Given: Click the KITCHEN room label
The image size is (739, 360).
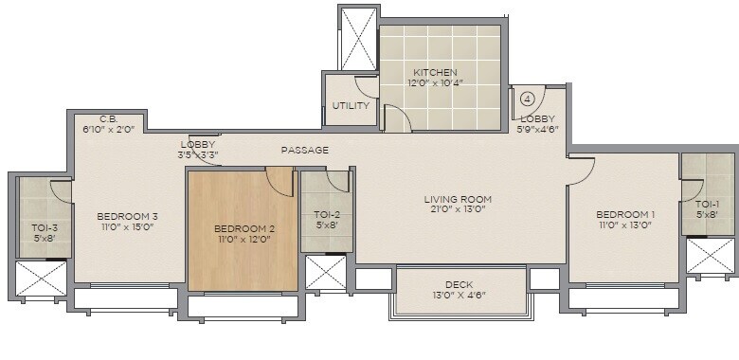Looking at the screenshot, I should pos(435,73).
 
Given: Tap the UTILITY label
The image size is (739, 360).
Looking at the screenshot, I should pos(351,106).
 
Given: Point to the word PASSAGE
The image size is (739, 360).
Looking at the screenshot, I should pos(305,150).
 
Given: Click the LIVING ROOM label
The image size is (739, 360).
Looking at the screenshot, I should pos(458,199).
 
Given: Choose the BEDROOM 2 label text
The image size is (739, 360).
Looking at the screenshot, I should pos(243,228).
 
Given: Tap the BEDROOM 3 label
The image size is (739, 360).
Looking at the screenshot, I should pos(127,215).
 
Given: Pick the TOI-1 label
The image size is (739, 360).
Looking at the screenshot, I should pos(707,205).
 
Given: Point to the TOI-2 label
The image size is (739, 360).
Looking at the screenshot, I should pos(326,215).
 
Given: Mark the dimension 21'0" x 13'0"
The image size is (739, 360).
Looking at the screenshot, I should pos(458,210).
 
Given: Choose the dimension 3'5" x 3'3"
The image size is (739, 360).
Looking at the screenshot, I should pos(198,154).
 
